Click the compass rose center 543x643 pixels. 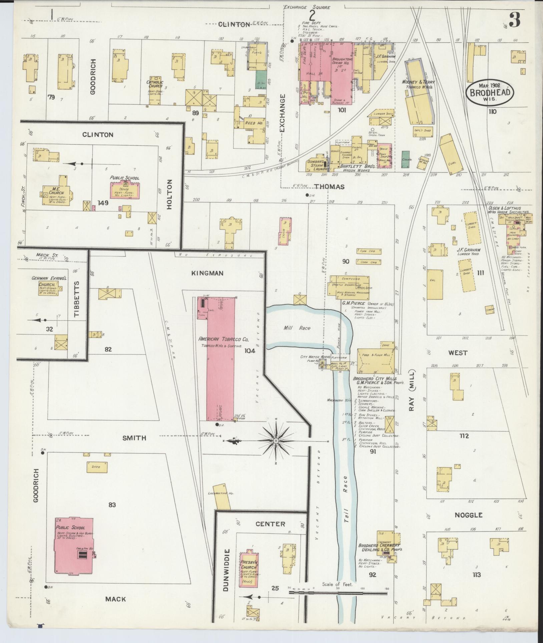(276, 441)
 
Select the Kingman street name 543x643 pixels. (207, 273)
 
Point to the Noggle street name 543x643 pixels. (469, 524)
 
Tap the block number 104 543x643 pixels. (249, 350)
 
